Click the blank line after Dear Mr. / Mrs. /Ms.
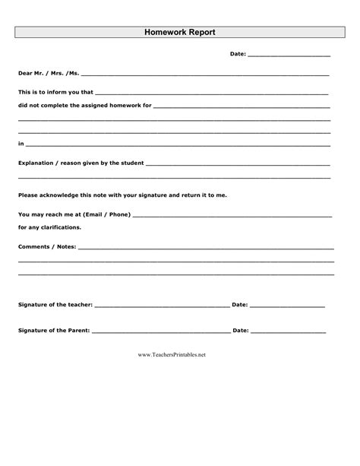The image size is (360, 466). click(204, 75)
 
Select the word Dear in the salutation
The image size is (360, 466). click(26, 74)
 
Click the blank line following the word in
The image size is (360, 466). click(178, 144)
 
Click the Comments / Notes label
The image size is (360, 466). click(46, 247)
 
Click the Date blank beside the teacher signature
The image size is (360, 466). click(287, 306)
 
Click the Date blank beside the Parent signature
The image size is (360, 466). click(288, 332)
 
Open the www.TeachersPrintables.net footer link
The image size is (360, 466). click(172, 355)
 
